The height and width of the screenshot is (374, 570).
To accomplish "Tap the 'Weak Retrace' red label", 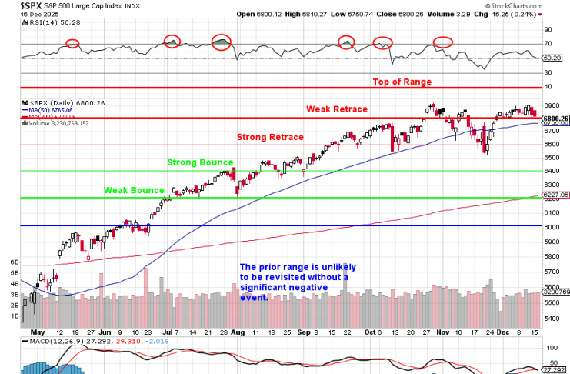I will point(337,110).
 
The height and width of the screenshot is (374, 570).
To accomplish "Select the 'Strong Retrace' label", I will point(270,137).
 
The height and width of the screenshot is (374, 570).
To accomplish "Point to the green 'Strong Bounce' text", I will point(202,162).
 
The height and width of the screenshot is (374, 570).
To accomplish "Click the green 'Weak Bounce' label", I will point(134,190).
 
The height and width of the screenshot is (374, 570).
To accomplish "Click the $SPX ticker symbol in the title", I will point(12,5).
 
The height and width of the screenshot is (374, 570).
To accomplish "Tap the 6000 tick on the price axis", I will point(552,227).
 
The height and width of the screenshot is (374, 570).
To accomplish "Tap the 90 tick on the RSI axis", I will point(549,30).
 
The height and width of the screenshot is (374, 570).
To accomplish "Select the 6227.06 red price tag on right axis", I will point(555,195).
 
